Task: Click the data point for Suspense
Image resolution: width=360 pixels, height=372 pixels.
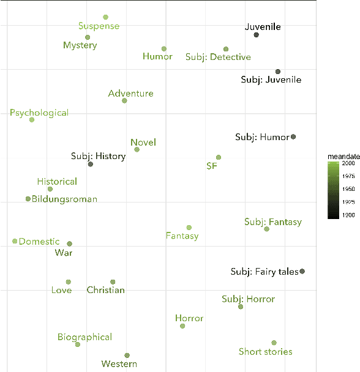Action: click(x=106, y=17)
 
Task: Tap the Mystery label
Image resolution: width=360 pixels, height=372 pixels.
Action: click(x=80, y=45)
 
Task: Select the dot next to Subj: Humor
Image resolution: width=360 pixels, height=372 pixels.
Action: click(x=293, y=137)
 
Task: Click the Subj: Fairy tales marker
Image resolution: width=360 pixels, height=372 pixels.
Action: click(x=302, y=271)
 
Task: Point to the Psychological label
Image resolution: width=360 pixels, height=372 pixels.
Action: click(x=39, y=113)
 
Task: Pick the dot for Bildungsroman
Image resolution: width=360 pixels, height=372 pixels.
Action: click(x=28, y=199)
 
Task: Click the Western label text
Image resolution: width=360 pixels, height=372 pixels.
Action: click(x=119, y=364)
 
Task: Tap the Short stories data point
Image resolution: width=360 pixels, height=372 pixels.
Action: click(x=274, y=343)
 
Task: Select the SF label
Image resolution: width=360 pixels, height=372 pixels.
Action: click(x=212, y=166)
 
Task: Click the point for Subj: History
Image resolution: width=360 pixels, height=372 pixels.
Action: click(x=91, y=164)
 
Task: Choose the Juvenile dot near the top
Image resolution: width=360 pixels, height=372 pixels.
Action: click(x=256, y=35)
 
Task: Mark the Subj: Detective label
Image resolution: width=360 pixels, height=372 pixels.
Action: click(x=218, y=58)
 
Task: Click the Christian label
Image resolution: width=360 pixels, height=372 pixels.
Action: click(x=106, y=290)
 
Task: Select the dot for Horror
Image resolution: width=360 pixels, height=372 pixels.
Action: click(x=182, y=326)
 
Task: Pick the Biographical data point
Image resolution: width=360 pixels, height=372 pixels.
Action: click(x=78, y=344)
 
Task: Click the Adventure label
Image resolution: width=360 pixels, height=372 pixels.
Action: click(x=130, y=94)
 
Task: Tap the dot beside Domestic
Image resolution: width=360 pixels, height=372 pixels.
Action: click(x=15, y=241)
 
